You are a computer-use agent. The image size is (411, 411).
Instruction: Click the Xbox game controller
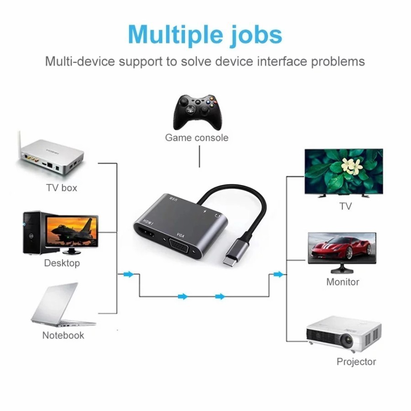pos(197,112)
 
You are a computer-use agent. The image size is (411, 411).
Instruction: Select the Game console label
pos(196,137)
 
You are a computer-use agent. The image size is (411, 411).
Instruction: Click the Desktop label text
pos(62,263)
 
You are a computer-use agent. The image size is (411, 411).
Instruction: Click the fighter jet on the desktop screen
pos(70,229)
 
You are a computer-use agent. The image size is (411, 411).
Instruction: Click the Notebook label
pos(63,335)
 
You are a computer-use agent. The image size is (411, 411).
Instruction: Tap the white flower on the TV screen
pos(352,166)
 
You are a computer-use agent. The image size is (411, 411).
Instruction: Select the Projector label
pos(356,362)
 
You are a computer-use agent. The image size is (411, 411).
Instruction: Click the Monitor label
pos(342,282)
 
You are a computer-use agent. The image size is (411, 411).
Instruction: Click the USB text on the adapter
pos(174,199)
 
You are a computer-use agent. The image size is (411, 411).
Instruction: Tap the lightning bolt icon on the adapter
pos(205,211)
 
